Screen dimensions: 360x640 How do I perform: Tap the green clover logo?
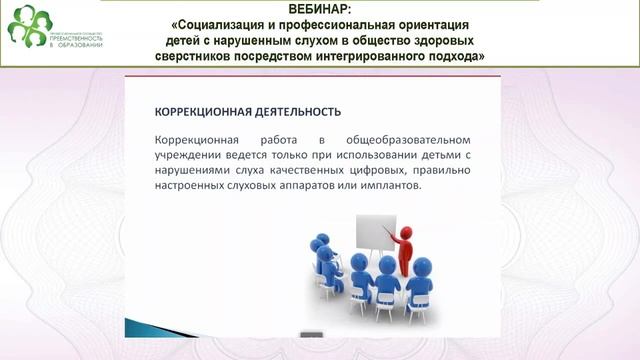coord(27,26)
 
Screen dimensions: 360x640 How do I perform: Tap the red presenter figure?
coord(404,250)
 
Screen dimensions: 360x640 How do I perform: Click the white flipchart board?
coord(374,232)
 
